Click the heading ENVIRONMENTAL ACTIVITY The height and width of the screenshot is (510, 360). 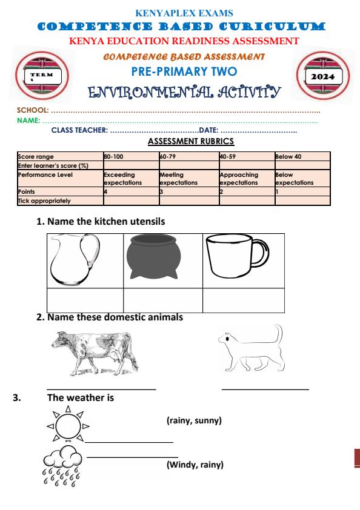click(x=184, y=93)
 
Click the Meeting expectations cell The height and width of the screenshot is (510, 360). click(x=187, y=177)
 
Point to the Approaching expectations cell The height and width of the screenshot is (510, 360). click(x=246, y=177)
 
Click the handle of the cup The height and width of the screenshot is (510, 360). click(x=260, y=258)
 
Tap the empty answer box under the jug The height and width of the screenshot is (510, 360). click(x=85, y=300)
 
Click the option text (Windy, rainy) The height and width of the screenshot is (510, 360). click(x=195, y=465)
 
